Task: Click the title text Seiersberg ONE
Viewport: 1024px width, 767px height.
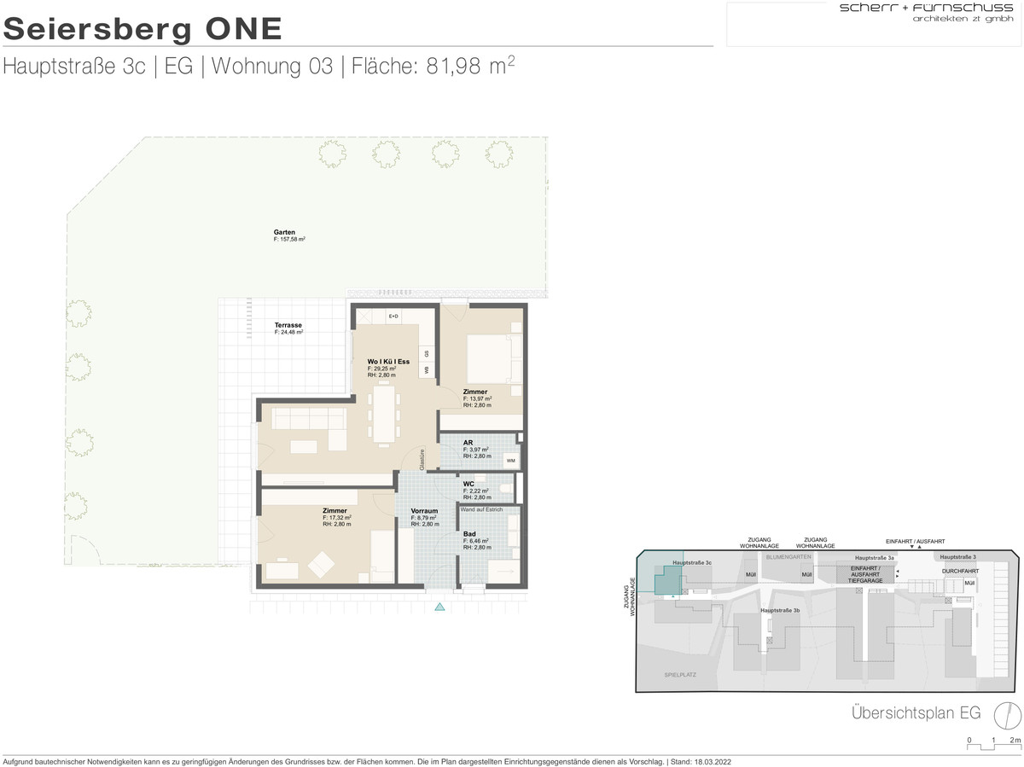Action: [143, 28]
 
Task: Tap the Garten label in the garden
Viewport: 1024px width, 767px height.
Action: [284, 232]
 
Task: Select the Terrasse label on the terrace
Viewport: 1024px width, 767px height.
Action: [288, 325]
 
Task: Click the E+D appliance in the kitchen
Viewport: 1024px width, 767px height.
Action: [393, 317]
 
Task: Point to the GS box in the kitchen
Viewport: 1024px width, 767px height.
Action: [428, 353]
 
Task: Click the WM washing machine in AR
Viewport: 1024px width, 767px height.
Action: [510, 462]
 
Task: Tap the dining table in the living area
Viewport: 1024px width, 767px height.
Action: [385, 415]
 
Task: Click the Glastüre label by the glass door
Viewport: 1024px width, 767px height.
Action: [422, 460]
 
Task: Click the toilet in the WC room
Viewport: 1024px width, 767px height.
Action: [507, 488]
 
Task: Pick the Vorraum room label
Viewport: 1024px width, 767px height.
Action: [424, 511]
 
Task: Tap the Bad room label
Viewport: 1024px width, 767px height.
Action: [468, 533]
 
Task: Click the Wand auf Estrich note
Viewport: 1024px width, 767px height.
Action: [481, 508]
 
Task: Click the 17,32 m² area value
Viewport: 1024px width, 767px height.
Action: [338, 518]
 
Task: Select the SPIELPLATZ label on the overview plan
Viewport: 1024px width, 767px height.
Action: [680, 675]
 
